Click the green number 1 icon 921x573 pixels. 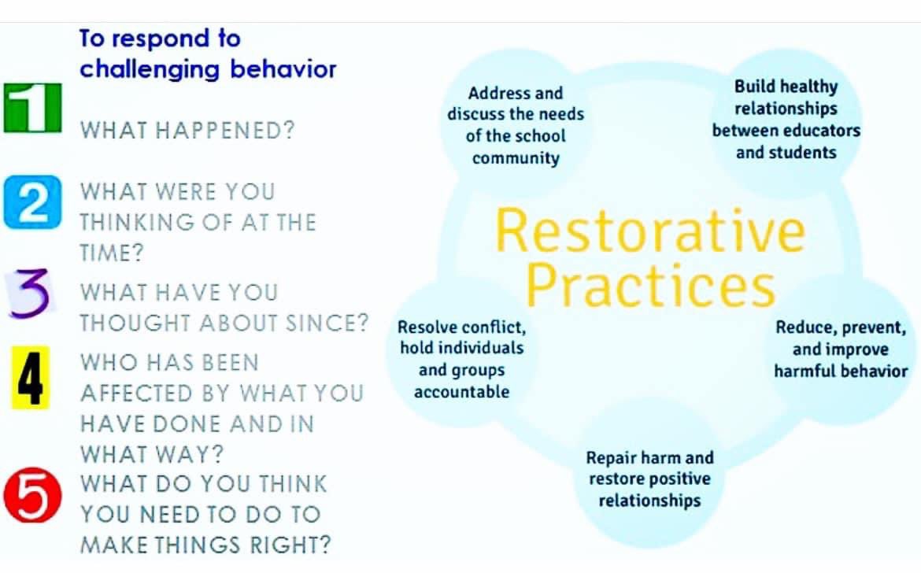click(x=32, y=107)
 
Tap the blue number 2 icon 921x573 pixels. click(x=32, y=202)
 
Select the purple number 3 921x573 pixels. click(x=29, y=294)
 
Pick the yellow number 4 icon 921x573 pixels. click(x=30, y=378)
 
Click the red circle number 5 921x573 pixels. click(x=32, y=495)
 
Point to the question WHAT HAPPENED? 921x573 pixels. click(x=187, y=131)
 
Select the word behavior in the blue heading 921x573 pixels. click(x=283, y=68)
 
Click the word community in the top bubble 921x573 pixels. click(x=516, y=158)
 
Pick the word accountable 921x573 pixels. click(x=461, y=392)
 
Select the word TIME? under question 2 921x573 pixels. click(x=112, y=253)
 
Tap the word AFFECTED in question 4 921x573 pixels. click(x=136, y=394)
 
